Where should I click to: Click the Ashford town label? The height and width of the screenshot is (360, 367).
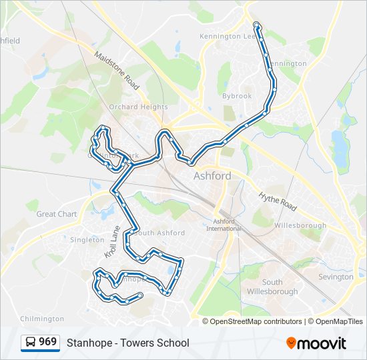(x=212, y=176)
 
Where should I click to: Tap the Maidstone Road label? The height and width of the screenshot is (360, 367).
(x=116, y=71)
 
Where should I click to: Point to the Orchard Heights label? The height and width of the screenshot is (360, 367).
(x=138, y=107)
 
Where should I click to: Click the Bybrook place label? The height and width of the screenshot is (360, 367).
(x=237, y=96)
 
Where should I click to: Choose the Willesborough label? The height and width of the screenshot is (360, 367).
(x=300, y=225)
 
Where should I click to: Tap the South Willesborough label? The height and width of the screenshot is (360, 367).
(x=272, y=287)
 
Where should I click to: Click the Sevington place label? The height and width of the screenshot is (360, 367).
(x=336, y=277)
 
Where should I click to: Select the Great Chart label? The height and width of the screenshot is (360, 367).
(x=57, y=214)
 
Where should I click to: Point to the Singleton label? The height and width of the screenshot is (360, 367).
(x=87, y=239)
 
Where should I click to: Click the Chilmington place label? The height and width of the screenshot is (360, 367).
(x=43, y=319)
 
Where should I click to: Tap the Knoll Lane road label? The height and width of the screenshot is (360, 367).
(x=111, y=243)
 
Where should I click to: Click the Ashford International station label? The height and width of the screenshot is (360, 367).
(x=224, y=225)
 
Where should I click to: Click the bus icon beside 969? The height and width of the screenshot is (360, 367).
(x=30, y=343)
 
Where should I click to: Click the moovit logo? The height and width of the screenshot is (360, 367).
(x=316, y=343)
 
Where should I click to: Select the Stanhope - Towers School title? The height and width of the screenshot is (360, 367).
(x=127, y=343)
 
